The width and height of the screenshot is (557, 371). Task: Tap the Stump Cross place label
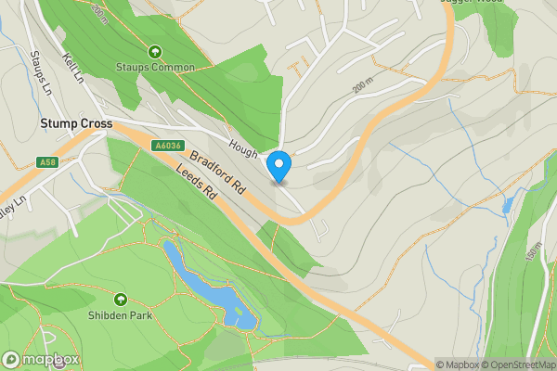pos(75,123)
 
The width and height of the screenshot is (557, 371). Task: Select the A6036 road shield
pos(167,145)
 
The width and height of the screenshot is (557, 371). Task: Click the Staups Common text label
pos(155,68)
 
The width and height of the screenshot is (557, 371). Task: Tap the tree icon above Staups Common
pos(155,52)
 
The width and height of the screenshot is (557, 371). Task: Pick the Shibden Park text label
pos(121,314)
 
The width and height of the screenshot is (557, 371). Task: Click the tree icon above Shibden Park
pos(121,299)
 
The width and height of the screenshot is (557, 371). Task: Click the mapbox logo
pos(42,359)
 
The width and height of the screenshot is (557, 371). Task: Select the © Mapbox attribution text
pos(455,365)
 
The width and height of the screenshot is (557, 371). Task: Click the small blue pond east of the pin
pos(507,206)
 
